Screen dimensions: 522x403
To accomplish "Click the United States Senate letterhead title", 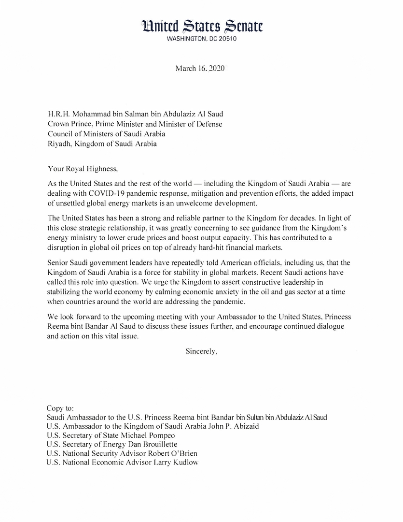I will [202, 27].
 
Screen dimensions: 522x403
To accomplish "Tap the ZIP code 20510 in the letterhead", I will [226, 39].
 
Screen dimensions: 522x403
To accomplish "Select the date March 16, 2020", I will [199, 68].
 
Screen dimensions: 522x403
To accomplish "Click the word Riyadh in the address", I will [59, 144].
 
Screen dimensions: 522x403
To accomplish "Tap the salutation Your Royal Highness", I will [83, 169].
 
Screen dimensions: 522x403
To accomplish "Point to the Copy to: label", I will [60, 408].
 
